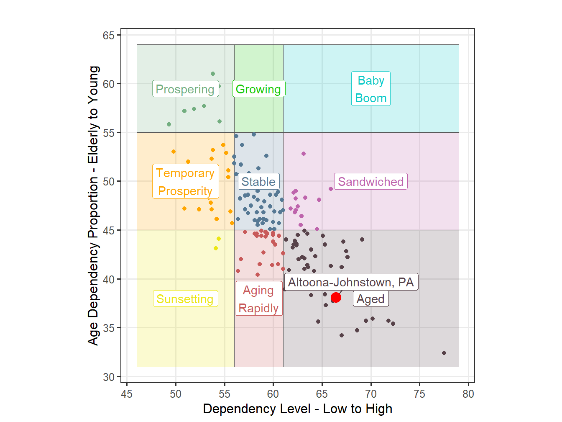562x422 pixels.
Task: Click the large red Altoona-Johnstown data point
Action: pyautogui.click(x=336, y=298)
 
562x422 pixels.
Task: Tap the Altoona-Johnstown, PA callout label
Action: pyautogui.click(x=351, y=282)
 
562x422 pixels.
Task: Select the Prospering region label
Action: pyautogui.click(x=185, y=89)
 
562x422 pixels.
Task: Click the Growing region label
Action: pyautogui.click(x=258, y=89)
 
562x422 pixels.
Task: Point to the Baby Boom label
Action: pyautogui.click(x=371, y=89)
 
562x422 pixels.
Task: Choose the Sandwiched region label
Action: pyautogui.click(x=371, y=182)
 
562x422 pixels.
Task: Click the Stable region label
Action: pyautogui.click(x=258, y=182)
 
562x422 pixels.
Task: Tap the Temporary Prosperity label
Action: pyautogui.click(x=185, y=182)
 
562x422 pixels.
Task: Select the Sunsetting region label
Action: pyautogui.click(x=185, y=299)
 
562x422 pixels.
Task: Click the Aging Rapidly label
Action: pyautogui.click(x=258, y=299)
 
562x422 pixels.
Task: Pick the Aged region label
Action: pyautogui.click(x=370, y=299)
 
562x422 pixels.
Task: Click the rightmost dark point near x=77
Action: pyautogui.click(x=444, y=353)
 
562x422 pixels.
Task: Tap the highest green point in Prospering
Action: pyautogui.click(x=213, y=74)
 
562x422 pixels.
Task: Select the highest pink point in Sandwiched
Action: pyautogui.click(x=304, y=154)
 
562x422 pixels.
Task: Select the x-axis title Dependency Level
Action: pyautogui.click(x=297, y=409)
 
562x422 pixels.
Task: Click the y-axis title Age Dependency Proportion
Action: pyautogui.click(x=93, y=205)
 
